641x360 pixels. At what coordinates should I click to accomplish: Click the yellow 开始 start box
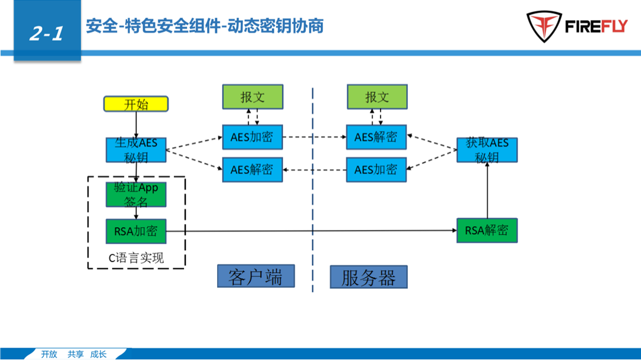(136, 104)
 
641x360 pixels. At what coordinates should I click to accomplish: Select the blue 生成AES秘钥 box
(136, 149)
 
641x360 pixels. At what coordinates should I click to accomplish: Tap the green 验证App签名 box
(136, 194)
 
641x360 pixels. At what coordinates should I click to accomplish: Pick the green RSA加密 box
(136, 231)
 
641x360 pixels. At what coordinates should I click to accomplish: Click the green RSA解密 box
(487, 231)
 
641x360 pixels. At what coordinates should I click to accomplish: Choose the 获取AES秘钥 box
(487, 150)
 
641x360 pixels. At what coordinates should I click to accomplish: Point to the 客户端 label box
(256, 276)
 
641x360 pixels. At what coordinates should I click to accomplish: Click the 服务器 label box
(369, 277)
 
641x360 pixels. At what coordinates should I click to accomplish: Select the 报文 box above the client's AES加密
(253, 97)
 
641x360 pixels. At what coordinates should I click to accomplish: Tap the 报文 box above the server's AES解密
(377, 97)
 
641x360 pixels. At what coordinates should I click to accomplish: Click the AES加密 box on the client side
(252, 137)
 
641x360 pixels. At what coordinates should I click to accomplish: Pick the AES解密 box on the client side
(252, 170)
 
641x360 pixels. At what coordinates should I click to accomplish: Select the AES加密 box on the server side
(376, 170)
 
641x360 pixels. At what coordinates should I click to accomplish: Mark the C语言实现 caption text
(136, 258)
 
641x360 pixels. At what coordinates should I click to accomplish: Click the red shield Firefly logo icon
(543, 27)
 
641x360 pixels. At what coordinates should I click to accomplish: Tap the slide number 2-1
(46, 33)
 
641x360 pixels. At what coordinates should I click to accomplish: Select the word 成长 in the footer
(99, 354)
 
